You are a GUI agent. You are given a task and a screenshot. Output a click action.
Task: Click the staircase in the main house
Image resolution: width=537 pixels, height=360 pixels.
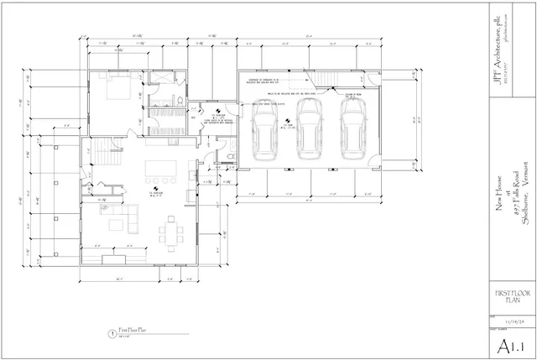point(103,154)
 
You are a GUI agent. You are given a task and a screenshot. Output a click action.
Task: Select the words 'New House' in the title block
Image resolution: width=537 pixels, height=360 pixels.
point(499,202)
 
